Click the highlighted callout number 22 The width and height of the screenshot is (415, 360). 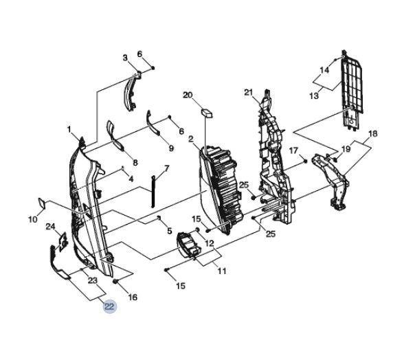point(109,306)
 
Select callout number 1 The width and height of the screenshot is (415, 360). point(69,130)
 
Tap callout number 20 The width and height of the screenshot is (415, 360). point(188,95)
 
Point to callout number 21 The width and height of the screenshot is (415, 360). point(249,93)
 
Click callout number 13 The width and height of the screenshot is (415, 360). point(314,95)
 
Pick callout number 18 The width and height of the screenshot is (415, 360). point(372,134)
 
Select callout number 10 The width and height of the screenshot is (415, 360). point(33,219)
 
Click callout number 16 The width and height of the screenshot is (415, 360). point(133,297)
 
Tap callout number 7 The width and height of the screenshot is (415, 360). point(166,168)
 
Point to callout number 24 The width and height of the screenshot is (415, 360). point(51,227)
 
